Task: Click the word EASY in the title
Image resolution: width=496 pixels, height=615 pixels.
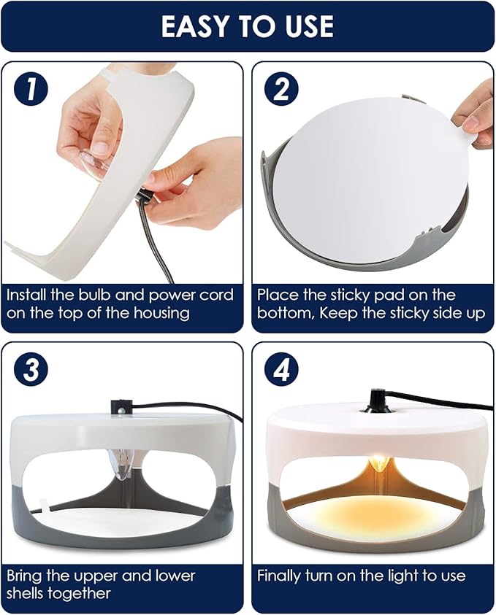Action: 192,27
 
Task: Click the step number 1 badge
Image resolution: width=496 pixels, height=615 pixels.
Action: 31,90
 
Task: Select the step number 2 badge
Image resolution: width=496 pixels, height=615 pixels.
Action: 281,90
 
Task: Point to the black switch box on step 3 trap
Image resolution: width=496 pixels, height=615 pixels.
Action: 120,407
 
